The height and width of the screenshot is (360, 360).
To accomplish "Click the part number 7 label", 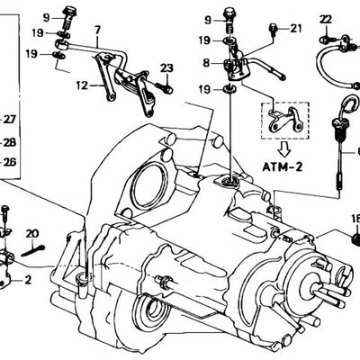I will (96, 31).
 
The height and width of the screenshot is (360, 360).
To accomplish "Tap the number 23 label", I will (166, 68).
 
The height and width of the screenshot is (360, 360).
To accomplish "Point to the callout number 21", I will (296, 29).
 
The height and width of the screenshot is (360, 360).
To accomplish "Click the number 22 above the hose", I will (325, 18).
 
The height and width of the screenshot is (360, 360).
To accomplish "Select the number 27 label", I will (10, 120).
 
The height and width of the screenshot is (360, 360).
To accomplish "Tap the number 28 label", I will (10, 141).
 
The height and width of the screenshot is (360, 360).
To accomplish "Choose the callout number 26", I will (10, 162).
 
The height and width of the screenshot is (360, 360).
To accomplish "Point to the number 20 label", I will (32, 234).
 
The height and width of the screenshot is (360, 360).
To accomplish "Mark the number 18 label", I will (355, 217).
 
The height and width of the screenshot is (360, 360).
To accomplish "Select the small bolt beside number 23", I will (163, 86).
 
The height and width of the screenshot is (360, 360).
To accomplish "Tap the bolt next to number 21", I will (272, 33).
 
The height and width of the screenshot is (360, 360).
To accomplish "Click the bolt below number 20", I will (32, 250).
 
